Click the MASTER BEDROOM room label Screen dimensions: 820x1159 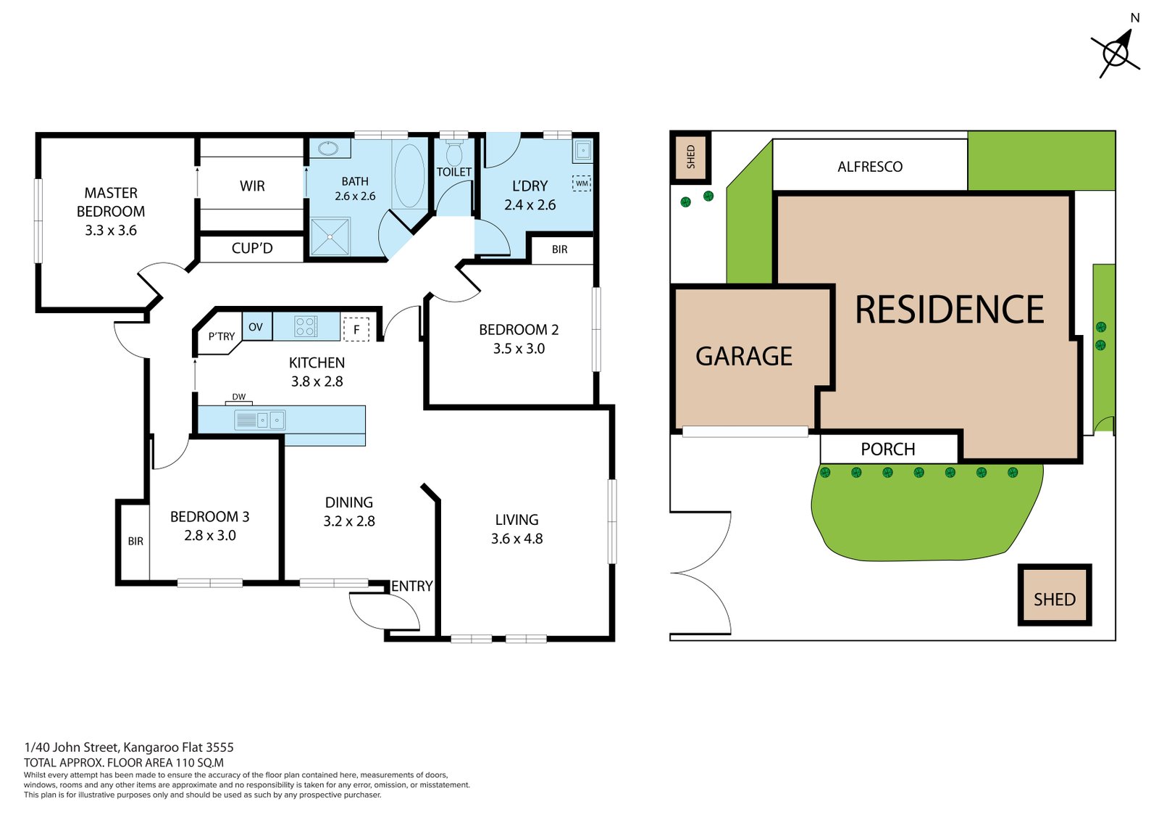click(x=111, y=211)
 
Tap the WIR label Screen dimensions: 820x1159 click(x=252, y=186)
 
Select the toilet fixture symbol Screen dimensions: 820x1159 click(x=454, y=154)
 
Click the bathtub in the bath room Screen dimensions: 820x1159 click(x=410, y=175)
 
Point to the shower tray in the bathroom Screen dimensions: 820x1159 click(x=330, y=236)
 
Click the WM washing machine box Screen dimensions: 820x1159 click(x=582, y=183)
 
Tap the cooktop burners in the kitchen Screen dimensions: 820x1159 click(x=306, y=327)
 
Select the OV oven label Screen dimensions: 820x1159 click(x=256, y=327)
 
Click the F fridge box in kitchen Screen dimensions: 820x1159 click(x=356, y=329)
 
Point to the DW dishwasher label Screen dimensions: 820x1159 click(x=239, y=397)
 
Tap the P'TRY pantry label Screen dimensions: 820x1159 click(x=221, y=336)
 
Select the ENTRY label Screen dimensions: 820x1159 click(x=412, y=586)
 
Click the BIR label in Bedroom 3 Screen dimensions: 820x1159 click(x=135, y=541)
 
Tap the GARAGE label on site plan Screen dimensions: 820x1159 click(x=744, y=356)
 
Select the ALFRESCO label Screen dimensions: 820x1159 click(x=870, y=167)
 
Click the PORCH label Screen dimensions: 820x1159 click(x=887, y=449)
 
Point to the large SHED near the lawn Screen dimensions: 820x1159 click(x=1054, y=595)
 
